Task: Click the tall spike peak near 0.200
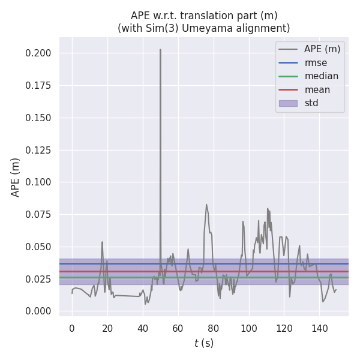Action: pos(160,50)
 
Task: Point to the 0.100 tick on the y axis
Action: pos(38,182)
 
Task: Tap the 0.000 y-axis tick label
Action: pos(38,311)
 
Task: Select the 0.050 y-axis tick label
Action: pos(38,247)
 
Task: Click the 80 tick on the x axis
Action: pos(214,328)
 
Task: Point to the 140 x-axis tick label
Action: pos(320,328)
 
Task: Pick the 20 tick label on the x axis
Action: pos(107,328)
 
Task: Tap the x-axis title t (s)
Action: pos(203,344)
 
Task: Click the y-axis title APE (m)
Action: pos(16,177)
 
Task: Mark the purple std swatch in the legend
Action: pos(288,103)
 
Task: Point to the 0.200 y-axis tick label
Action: pos(38,53)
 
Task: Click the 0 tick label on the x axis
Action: pos(72,328)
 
